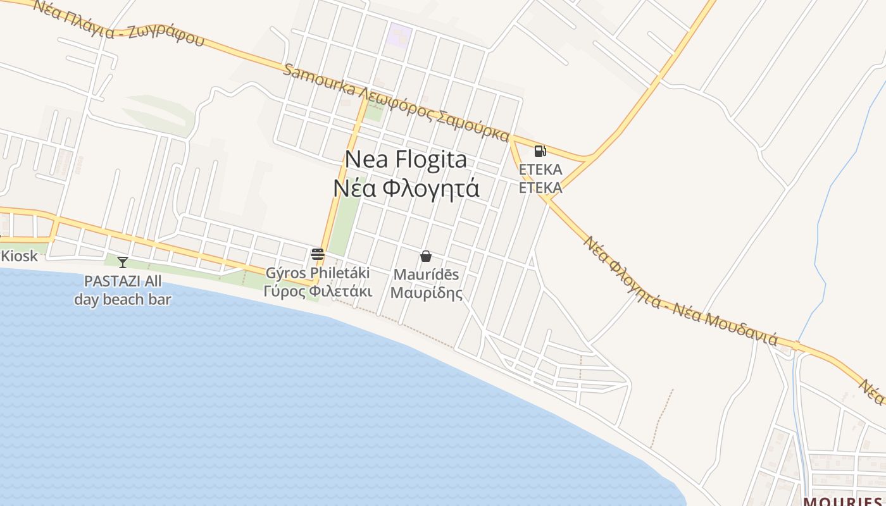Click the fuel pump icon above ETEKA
coord(540,151)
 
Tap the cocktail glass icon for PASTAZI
coord(123,262)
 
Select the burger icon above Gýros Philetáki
coord(318,255)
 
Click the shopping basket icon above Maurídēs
coord(426,256)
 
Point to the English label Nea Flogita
coord(406,159)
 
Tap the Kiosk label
coord(20,257)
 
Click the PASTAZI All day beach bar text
coord(123,290)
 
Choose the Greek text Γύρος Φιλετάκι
coord(317,292)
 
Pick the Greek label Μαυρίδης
coord(426,293)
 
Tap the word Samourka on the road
coord(319,80)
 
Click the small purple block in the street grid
coord(399,34)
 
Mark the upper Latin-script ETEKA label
coord(540,170)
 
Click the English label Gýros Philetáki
coord(317,273)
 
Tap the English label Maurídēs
coord(426,275)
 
